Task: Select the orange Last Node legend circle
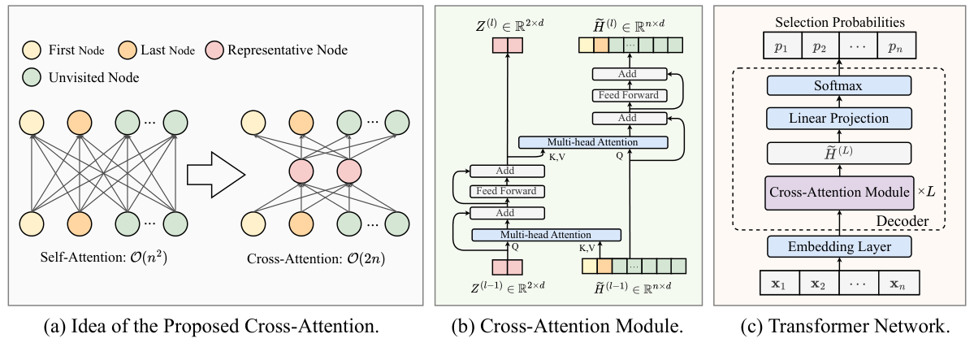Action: point(128,50)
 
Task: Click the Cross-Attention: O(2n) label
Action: point(321,259)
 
